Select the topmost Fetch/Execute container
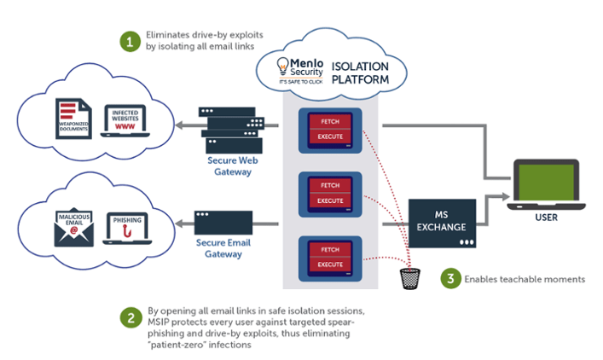331,130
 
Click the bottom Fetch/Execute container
331,258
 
